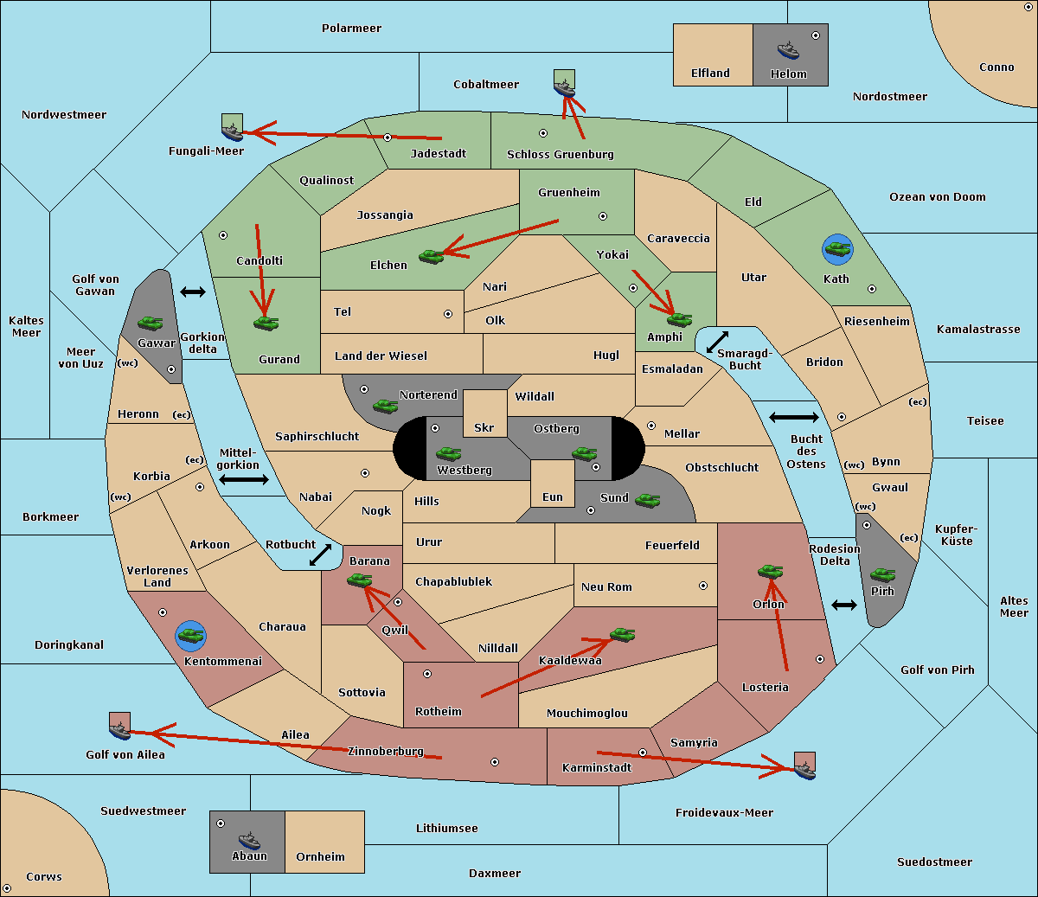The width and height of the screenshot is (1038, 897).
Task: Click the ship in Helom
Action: (x=788, y=50)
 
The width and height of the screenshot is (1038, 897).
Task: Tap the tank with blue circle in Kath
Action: (x=837, y=249)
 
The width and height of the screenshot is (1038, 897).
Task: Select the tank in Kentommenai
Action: (x=191, y=636)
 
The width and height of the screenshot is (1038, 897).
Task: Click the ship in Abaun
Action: (x=250, y=840)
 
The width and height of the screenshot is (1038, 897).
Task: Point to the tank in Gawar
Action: (x=151, y=323)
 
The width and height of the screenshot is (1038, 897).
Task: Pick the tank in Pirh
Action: (x=882, y=574)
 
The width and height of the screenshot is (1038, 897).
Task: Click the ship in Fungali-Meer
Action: (x=232, y=131)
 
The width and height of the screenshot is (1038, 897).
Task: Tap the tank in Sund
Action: (x=647, y=501)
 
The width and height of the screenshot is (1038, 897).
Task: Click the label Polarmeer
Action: (x=351, y=29)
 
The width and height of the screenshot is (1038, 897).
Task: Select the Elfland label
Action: (x=710, y=74)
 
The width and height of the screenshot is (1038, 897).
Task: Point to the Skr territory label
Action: (x=484, y=427)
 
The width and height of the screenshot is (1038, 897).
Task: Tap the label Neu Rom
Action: (x=606, y=586)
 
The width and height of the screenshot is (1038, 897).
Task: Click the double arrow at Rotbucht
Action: (x=320, y=554)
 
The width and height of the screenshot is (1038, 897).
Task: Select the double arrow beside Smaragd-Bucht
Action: (x=717, y=342)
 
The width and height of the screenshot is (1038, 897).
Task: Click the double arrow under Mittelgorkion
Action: (x=244, y=479)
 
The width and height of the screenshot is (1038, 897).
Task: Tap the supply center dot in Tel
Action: (x=448, y=314)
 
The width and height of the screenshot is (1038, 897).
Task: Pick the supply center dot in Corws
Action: (x=7, y=888)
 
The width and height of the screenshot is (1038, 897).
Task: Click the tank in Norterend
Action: (x=385, y=406)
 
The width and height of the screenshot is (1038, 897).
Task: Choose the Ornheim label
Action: (x=320, y=856)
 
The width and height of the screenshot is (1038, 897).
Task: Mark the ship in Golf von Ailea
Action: (x=120, y=730)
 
